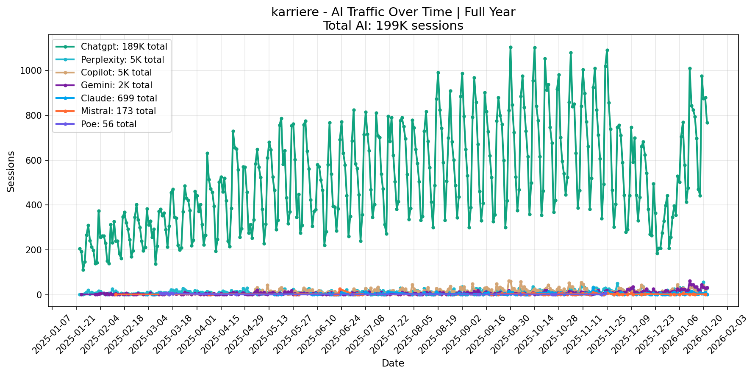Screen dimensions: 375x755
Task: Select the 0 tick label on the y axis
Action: coord(41,295)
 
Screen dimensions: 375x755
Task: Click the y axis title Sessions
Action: coord(11,171)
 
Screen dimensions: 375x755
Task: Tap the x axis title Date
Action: coord(393,364)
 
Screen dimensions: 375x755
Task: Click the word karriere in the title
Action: coord(291,12)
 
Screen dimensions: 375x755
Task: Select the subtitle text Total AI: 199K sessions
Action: coord(393,26)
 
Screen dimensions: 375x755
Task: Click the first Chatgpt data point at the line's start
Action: coord(80,249)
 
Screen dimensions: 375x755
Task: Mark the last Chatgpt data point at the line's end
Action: coord(707,123)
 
